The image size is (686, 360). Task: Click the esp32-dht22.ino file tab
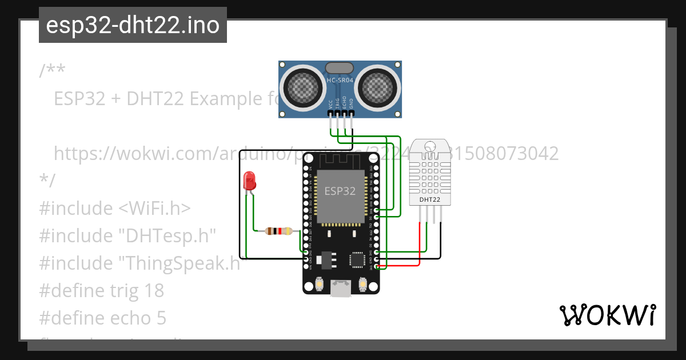point(133,26)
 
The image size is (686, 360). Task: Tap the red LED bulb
point(249,181)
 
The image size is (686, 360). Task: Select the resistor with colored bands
point(278,231)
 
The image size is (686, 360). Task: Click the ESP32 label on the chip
point(340,191)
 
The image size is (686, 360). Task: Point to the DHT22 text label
point(429,200)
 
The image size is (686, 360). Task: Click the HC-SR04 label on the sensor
point(340,81)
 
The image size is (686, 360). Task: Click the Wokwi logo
point(607,315)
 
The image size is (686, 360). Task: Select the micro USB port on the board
point(341,289)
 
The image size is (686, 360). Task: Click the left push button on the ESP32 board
point(320,284)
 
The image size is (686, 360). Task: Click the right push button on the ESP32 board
point(362,284)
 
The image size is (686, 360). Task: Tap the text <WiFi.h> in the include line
point(154,209)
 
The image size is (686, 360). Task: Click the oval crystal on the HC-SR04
point(340,68)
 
